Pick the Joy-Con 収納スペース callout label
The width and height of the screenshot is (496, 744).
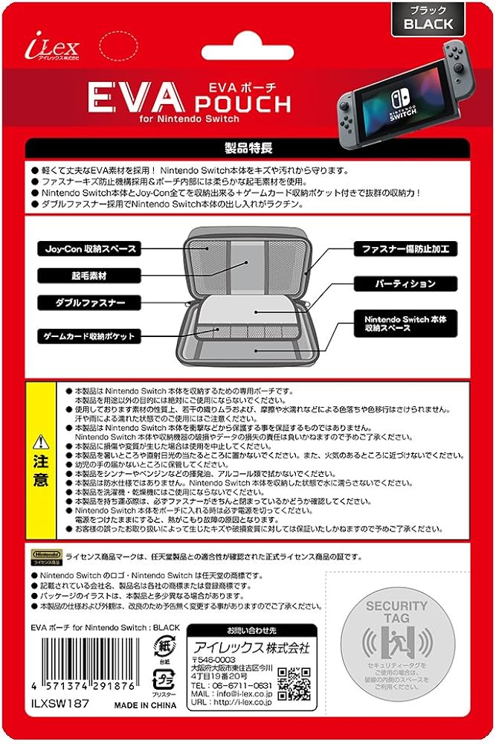click(x=86, y=248)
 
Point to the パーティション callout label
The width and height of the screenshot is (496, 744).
click(x=405, y=284)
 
